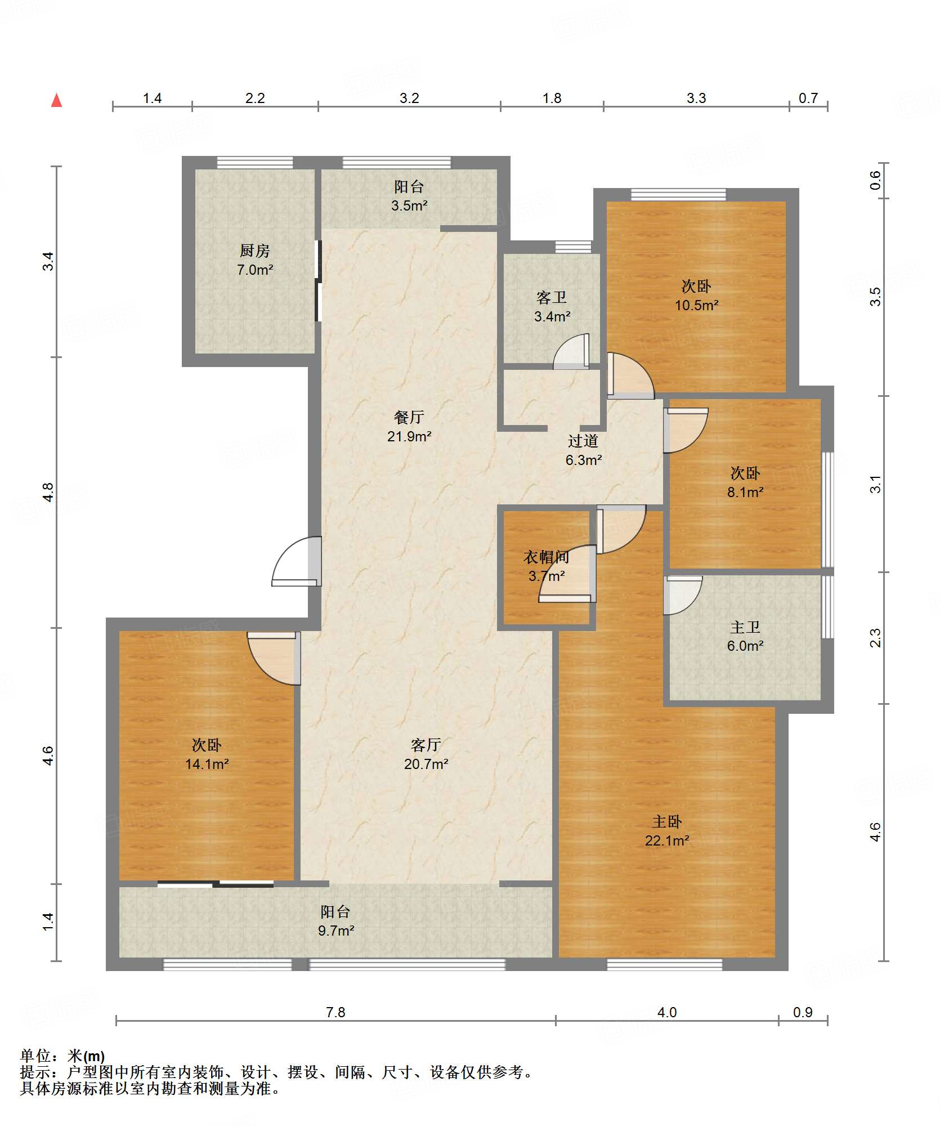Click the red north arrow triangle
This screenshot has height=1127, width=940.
[x=56, y=100]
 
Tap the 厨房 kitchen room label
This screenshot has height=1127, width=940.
[x=255, y=251]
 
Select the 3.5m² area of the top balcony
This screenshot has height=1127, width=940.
[x=409, y=205]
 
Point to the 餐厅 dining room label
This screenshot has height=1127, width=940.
[x=409, y=417]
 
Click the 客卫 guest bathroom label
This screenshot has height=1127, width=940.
[x=552, y=297]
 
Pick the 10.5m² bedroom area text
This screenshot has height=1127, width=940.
[x=697, y=305]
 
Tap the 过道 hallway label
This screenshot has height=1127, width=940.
[x=583, y=441]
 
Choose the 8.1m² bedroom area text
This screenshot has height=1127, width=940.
[x=745, y=492]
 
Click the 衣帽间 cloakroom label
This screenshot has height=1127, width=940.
[x=546, y=557]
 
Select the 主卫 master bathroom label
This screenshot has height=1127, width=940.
[x=745, y=627]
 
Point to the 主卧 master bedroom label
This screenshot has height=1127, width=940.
[x=667, y=822]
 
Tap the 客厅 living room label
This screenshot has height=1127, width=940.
[x=426, y=745]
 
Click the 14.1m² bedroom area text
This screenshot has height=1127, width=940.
[x=207, y=764]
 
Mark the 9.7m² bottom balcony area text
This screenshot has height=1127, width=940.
[x=336, y=931]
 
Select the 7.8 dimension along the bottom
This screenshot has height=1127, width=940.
[x=335, y=1012]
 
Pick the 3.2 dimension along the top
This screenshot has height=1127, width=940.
[x=409, y=98]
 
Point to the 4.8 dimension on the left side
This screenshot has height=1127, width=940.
[x=48, y=493]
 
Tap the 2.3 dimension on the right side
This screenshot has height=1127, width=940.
[x=875, y=638]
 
